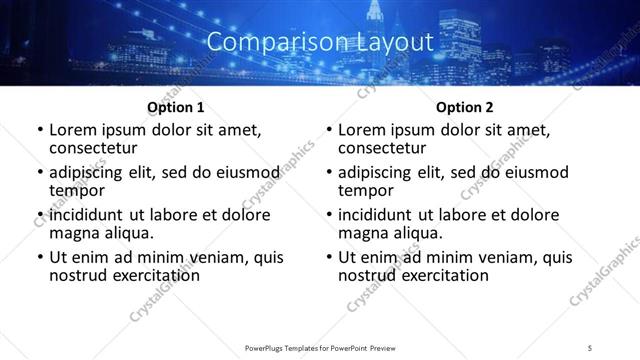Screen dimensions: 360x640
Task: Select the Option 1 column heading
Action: point(176,107)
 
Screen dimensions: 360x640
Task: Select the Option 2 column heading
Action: point(465,107)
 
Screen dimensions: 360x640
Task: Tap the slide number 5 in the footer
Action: point(591,347)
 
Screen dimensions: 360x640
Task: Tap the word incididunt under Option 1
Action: point(85,214)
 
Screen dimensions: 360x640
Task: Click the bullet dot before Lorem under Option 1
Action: point(39,130)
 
